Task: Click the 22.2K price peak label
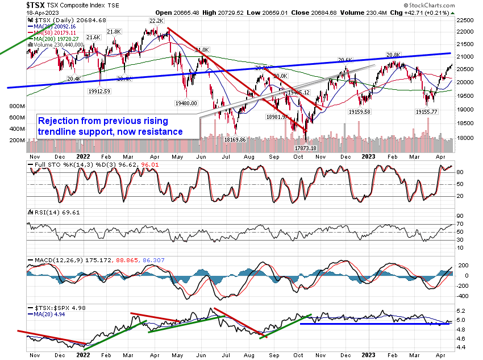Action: click(x=156, y=20)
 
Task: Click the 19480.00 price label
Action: click(x=185, y=103)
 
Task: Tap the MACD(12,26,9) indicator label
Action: click(x=56, y=260)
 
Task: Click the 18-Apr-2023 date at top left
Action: click(x=16, y=13)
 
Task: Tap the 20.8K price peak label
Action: click(x=393, y=55)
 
